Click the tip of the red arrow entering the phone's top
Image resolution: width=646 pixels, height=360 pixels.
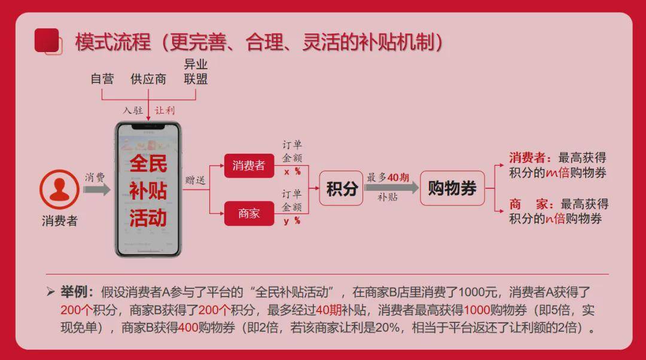[148, 121]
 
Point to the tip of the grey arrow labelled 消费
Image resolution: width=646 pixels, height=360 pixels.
[111, 190]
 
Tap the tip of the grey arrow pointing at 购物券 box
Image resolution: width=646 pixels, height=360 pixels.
[419, 188]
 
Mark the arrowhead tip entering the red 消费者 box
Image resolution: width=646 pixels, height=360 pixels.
[224, 166]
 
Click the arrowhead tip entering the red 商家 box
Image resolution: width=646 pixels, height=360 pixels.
[224, 213]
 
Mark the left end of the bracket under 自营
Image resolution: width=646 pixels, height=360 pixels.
[102, 90]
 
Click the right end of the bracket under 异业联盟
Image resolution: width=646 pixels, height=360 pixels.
[195, 90]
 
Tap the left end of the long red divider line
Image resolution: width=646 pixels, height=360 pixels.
[45, 274]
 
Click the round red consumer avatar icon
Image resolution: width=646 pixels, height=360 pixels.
[59, 190]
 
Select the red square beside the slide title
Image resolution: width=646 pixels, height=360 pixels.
[47, 41]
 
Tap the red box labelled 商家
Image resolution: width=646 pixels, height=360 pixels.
[249, 213]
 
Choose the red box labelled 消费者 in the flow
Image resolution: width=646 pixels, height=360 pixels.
[249, 166]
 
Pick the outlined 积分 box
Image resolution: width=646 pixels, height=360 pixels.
[341, 188]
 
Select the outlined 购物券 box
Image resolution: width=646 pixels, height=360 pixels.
[452, 188]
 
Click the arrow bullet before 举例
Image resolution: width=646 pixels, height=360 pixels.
[51, 292]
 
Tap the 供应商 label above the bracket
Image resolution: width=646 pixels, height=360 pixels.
[148, 79]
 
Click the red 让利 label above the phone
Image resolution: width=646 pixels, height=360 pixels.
[165, 111]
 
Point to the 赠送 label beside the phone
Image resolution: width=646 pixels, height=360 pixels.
[195, 180]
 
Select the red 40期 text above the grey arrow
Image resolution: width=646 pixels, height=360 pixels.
[398, 178]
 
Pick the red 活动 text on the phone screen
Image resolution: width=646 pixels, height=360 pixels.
[148, 218]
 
